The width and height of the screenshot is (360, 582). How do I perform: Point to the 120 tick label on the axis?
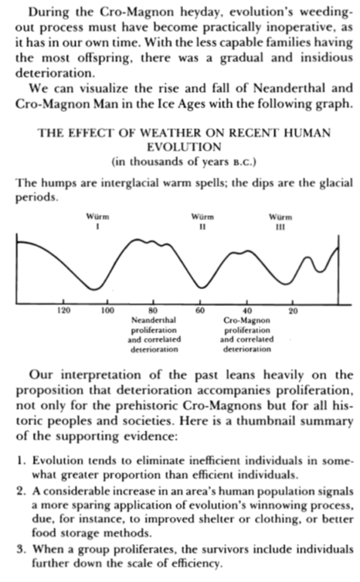pyautogui.click(x=65, y=311)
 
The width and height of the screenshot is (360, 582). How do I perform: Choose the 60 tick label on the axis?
pyautogui.click(x=200, y=311)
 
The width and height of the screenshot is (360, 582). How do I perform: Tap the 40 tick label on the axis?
pyautogui.click(x=247, y=311)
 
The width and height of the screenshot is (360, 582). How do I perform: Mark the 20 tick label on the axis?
pyautogui.click(x=293, y=311)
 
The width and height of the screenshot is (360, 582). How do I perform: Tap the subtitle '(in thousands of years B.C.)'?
pyautogui.click(x=179, y=160)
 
